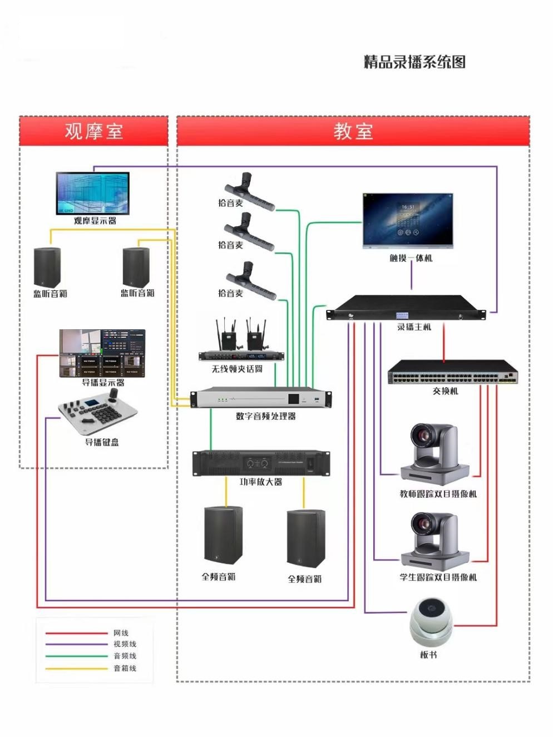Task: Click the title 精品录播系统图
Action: tap(414, 62)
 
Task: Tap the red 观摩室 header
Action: tap(93, 131)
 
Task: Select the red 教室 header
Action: tap(353, 131)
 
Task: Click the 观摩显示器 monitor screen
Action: tap(92, 193)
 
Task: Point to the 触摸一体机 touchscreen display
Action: tap(408, 220)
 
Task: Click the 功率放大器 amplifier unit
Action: tap(261, 463)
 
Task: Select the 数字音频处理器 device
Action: tap(260, 398)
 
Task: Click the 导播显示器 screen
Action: tap(102, 353)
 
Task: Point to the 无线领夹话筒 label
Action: tap(237, 369)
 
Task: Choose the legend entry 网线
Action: tap(121, 633)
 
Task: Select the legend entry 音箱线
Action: tap(125, 668)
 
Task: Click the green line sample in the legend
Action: tap(76, 656)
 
